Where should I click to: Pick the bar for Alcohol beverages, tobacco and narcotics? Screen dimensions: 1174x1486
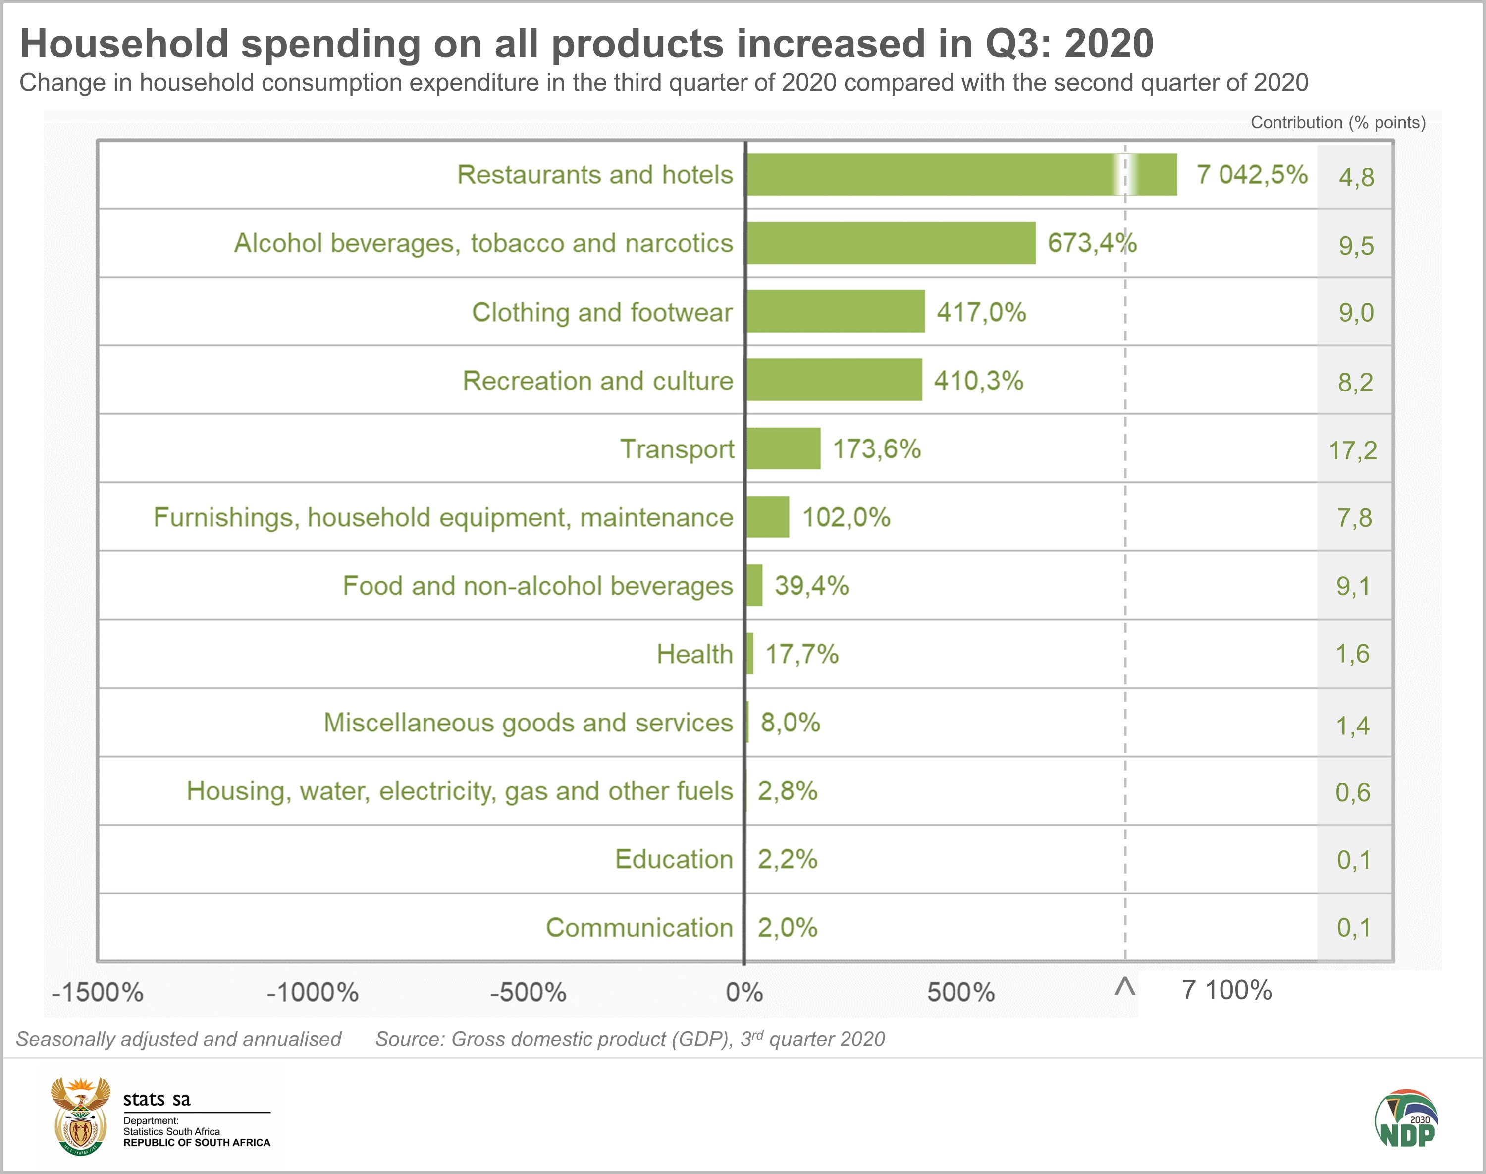(891, 243)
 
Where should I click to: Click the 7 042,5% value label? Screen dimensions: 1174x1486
(1252, 174)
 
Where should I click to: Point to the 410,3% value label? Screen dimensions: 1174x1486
(978, 380)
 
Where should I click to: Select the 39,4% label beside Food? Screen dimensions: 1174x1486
(811, 586)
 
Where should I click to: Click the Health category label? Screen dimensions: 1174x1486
(694, 654)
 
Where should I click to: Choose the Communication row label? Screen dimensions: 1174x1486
(639, 928)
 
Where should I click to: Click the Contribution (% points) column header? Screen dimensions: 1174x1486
(1337, 122)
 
